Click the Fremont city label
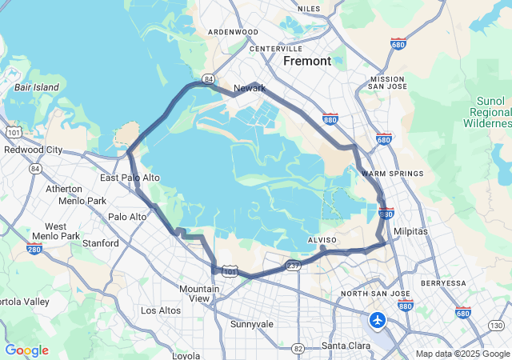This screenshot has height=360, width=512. click(307, 61)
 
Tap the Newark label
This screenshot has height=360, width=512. click(249, 88)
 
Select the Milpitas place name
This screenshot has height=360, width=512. click(411, 230)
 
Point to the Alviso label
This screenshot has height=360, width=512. click(323, 239)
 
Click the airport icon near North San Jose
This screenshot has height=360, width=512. click(377, 320)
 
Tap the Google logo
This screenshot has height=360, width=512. click(26, 350)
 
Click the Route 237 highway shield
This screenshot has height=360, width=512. click(293, 266)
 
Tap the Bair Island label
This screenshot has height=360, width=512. click(36, 86)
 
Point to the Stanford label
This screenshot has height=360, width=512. click(101, 243)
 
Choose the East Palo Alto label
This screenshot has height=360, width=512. click(130, 178)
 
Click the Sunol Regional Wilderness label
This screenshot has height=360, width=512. click(487, 113)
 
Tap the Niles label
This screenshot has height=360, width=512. click(308, 9)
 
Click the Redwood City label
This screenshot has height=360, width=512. click(34, 150)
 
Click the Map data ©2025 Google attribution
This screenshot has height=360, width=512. click(462, 354)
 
